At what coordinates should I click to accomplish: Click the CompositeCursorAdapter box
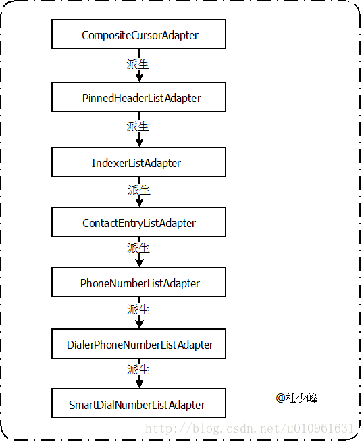pyautogui.click(x=138, y=34)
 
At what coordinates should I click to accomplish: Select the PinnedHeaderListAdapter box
pyautogui.click(x=138, y=97)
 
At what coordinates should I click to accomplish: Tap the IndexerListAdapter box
pyautogui.click(x=138, y=162)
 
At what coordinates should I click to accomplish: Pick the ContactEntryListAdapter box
pyautogui.click(x=138, y=222)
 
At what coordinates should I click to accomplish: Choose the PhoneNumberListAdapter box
pyautogui.click(x=138, y=283)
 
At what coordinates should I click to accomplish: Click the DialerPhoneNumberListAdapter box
pyautogui.click(x=138, y=343)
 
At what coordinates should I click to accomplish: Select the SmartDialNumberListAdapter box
pyautogui.click(x=138, y=403)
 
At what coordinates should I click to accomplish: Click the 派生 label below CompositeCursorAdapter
pyautogui.click(x=138, y=64)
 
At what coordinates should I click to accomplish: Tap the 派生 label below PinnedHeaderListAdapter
pyautogui.click(x=138, y=126)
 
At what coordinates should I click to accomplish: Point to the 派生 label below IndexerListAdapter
pyautogui.click(x=139, y=190)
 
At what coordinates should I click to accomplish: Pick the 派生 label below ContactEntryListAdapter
pyautogui.click(x=138, y=248)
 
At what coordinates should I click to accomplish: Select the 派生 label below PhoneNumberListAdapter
pyautogui.click(x=138, y=310)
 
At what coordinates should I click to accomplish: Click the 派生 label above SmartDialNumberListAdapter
pyautogui.click(x=138, y=370)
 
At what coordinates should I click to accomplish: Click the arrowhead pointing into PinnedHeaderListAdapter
pyautogui.click(x=139, y=78)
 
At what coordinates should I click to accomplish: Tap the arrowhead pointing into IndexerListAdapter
pyautogui.click(x=139, y=143)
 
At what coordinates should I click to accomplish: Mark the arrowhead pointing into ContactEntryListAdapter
pyautogui.click(x=139, y=203)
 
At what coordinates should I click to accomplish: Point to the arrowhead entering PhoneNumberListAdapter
pyautogui.click(x=139, y=263)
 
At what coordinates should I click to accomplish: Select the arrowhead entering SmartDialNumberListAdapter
pyautogui.click(x=139, y=384)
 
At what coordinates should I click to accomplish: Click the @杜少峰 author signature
pyautogui.click(x=296, y=398)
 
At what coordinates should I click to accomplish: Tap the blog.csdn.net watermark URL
pyautogui.click(x=249, y=428)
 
